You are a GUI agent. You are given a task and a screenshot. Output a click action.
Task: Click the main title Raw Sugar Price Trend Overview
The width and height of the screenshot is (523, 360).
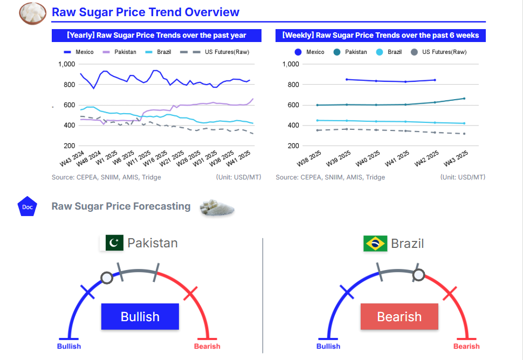(x=146, y=12)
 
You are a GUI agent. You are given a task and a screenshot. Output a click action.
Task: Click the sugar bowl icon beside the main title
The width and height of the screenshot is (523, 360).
(x=32, y=13)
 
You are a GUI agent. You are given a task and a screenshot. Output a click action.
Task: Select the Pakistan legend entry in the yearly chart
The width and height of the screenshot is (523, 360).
(x=123, y=52)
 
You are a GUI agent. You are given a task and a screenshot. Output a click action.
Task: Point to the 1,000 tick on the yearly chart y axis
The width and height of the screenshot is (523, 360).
(x=66, y=64)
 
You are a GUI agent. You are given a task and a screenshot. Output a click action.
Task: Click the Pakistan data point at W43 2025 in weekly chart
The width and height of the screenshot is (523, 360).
(x=464, y=98)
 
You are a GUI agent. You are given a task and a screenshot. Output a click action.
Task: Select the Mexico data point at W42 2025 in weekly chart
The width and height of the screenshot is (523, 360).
(x=435, y=80)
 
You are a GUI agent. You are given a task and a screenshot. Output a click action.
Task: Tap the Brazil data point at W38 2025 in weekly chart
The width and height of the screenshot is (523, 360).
(x=317, y=120)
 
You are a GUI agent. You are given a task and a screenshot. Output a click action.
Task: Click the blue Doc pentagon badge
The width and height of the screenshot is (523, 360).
(x=27, y=206)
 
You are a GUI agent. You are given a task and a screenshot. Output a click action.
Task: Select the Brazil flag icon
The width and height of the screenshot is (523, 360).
(x=375, y=244)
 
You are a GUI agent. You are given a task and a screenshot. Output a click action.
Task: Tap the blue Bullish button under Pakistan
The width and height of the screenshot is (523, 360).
(x=140, y=316)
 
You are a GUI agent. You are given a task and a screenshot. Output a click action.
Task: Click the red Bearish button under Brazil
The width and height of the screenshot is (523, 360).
(x=400, y=316)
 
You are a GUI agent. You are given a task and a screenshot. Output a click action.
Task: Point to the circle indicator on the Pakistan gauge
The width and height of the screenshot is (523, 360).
(x=107, y=278)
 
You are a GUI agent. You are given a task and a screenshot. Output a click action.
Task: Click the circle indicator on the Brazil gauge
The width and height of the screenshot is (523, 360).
(x=419, y=275)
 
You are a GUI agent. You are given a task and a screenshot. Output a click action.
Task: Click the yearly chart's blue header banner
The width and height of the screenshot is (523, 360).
(x=156, y=36)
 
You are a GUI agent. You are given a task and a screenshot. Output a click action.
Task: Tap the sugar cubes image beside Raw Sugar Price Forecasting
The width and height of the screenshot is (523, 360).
(x=217, y=207)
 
